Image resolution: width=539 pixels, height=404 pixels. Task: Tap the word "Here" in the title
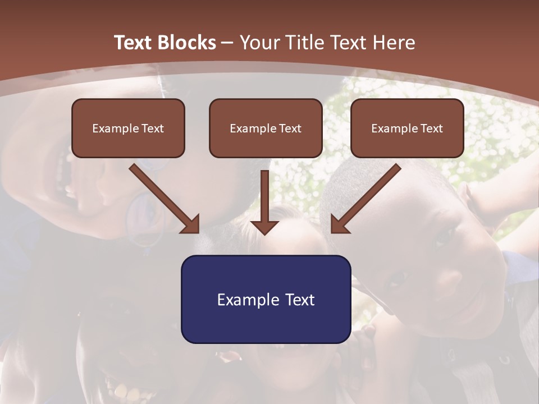(394, 43)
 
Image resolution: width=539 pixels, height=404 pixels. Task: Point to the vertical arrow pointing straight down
(264, 196)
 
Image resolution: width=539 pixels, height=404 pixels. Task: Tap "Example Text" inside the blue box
(266, 300)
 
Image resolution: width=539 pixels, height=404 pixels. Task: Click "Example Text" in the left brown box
(128, 128)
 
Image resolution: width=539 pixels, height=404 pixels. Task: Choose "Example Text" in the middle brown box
(266, 128)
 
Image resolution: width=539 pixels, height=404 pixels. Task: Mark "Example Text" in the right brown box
(407, 128)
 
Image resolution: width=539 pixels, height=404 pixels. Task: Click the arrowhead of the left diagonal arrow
(191, 224)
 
